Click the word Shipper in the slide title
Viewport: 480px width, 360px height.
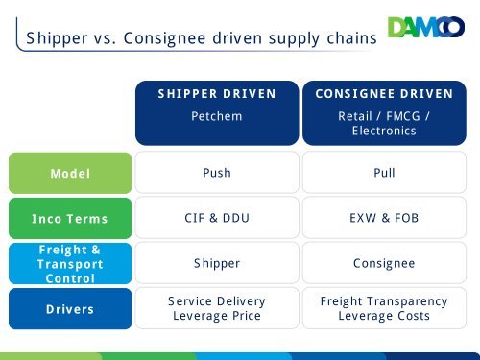(x=56, y=38)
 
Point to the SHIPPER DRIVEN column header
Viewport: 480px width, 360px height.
(x=217, y=94)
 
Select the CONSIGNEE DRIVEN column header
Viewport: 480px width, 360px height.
(x=384, y=94)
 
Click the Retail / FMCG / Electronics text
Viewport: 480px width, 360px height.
(x=384, y=122)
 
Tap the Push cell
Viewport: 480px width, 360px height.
(x=217, y=174)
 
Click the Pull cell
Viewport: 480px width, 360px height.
(x=384, y=174)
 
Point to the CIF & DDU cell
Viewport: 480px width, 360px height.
(x=217, y=219)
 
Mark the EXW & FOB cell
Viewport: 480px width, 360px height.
(x=384, y=219)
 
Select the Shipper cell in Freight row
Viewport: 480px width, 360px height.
(x=217, y=264)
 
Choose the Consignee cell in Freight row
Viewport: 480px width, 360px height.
(x=384, y=264)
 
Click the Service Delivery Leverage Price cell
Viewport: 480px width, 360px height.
(x=217, y=309)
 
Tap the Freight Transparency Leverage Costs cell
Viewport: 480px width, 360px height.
(x=384, y=309)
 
